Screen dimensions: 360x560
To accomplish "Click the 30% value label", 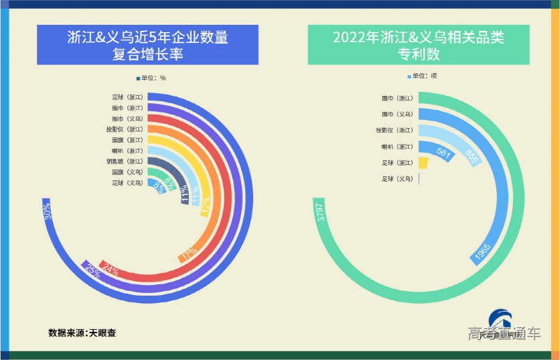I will (x=47, y=212).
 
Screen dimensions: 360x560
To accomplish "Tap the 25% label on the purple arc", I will (x=92, y=271).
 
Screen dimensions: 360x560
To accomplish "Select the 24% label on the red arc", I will (x=111, y=271).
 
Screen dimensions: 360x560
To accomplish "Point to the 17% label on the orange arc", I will (x=189, y=255).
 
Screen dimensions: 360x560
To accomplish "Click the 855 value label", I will (x=472, y=156).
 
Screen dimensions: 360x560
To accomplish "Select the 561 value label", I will (x=444, y=152).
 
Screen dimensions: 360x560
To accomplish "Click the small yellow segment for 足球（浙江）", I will (x=423, y=163).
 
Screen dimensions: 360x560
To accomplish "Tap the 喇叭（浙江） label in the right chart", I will (x=397, y=147).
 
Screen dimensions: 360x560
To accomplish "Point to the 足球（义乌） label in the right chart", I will (x=397, y=179).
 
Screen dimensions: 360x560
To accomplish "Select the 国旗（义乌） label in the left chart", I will (x=127, y=172).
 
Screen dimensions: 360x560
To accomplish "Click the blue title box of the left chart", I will (x=147, y=45).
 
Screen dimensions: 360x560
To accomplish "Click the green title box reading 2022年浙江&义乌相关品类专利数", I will (x=419, y=45).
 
